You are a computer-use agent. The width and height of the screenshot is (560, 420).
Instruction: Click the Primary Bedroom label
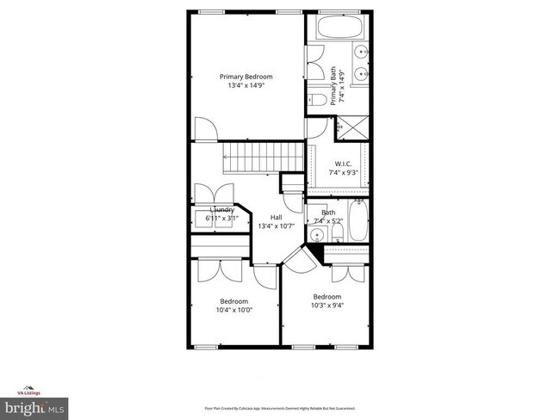247,77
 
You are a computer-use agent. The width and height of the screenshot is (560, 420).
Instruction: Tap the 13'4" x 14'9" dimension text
247,86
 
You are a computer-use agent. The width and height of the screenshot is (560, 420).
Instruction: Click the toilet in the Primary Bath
316,102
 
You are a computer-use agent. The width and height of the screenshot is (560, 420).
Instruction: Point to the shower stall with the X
351,127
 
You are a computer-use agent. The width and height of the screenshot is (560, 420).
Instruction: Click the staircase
258,157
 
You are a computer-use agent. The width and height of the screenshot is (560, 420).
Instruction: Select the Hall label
276,217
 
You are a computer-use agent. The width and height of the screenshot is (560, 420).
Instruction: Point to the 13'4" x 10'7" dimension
276,226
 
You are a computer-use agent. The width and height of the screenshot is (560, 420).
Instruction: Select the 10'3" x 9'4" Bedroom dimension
327,306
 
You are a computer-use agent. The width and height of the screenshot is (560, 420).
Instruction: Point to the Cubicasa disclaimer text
279,408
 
